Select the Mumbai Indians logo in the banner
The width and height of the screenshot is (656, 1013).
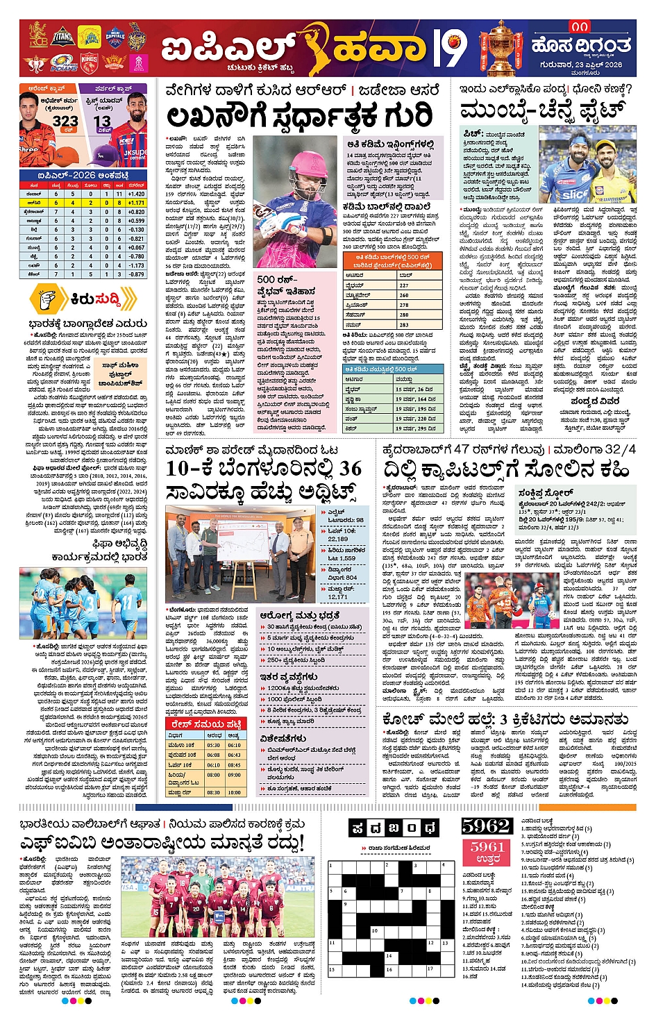pos(64,64)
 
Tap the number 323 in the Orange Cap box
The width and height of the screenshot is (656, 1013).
pos(65,121)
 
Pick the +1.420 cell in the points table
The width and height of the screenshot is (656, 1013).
pos(136,194)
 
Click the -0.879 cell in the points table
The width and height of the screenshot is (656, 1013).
pos(136,274)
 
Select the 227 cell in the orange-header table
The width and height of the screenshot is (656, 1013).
pos(403,285)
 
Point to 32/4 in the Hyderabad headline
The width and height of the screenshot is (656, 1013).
pos(619,449)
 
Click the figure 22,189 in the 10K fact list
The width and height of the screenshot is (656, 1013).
pos(338,539)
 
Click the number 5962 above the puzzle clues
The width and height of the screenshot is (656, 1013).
pos(486,826)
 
